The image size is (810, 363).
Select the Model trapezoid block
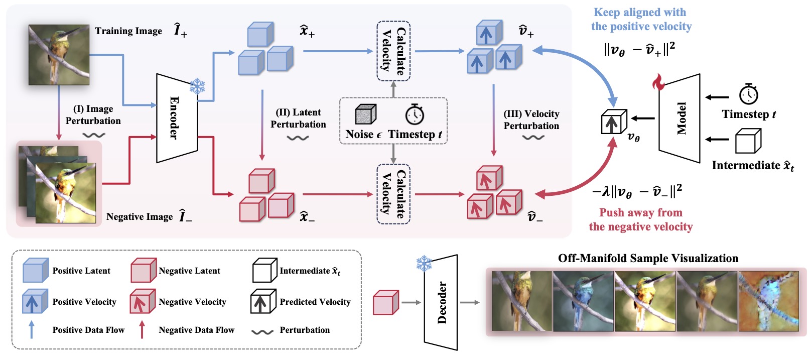680,118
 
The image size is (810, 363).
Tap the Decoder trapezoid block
441,302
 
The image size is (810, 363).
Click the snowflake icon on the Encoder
197,86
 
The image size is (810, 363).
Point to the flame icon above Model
658,82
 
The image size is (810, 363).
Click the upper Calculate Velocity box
393,51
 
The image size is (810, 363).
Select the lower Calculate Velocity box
393,194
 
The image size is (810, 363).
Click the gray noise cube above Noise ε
365,114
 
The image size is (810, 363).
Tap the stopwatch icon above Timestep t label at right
748,94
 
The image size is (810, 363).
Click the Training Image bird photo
59,55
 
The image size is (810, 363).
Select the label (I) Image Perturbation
93,115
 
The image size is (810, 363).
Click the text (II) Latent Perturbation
298,118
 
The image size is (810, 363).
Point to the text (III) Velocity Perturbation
531,120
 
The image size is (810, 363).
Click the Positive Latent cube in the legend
35,271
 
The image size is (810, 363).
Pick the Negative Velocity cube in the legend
143,302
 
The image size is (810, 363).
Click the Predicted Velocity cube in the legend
263,302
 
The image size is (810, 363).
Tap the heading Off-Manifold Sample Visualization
648,259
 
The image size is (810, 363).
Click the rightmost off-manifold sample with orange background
768,301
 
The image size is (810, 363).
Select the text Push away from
640,212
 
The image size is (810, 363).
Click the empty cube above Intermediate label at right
748,141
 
